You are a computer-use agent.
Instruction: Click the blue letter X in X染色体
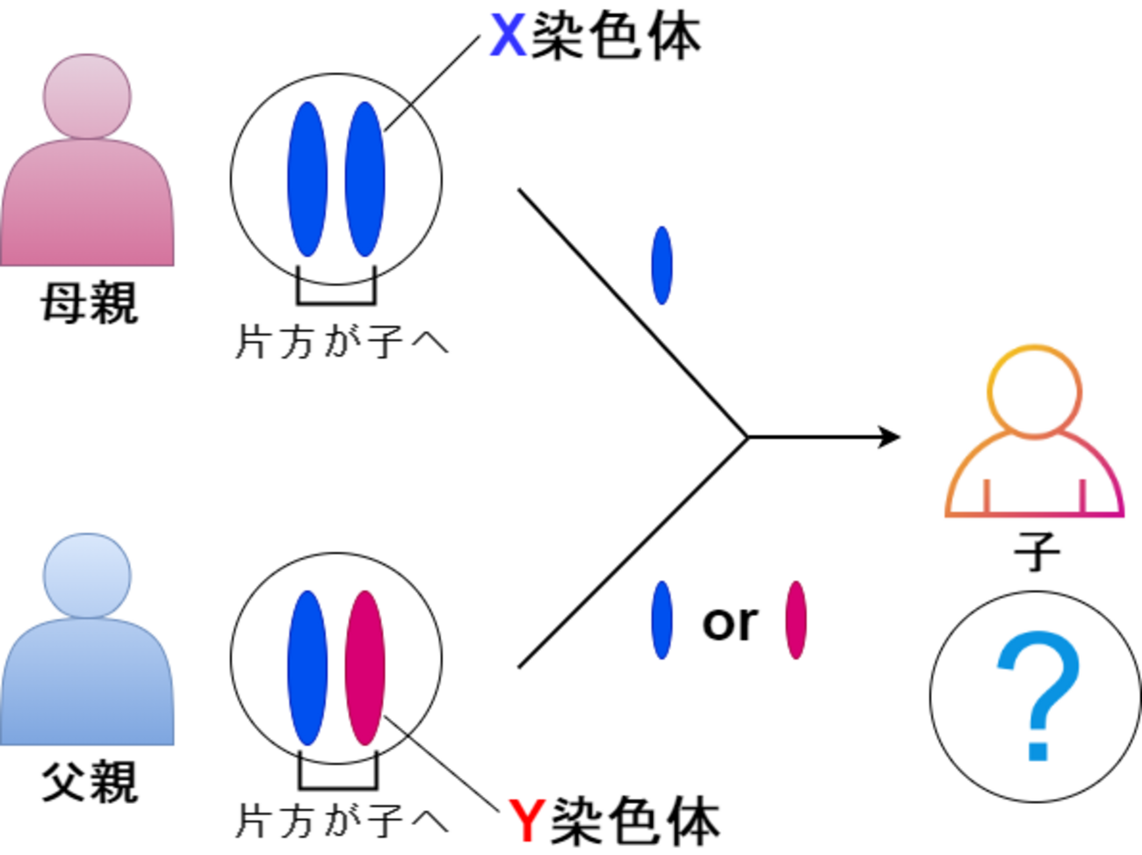pos(508,37)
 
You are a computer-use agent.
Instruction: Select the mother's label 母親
pos(89,303)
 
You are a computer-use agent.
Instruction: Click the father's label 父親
pos(89,781)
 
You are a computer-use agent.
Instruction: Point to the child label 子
pos(1037,551)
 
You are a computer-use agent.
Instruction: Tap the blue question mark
pos(1037,694)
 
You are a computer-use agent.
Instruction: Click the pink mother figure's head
pos(87,95)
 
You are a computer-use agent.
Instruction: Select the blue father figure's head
pos(87,575)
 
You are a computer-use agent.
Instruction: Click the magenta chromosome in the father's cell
pos(365,667)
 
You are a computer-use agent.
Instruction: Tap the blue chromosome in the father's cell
pos(307,667)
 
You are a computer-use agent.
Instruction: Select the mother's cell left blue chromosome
pos(307,179)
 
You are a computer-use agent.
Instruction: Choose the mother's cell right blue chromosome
pos(365,179)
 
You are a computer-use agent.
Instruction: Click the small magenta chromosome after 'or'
pos(796,620)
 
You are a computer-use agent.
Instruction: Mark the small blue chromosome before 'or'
pos(661,620)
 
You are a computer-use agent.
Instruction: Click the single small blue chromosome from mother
pos(661,265)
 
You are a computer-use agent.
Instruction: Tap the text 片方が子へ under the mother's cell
pos(341,341)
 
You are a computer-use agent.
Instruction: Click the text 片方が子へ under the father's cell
pos(341,820)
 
